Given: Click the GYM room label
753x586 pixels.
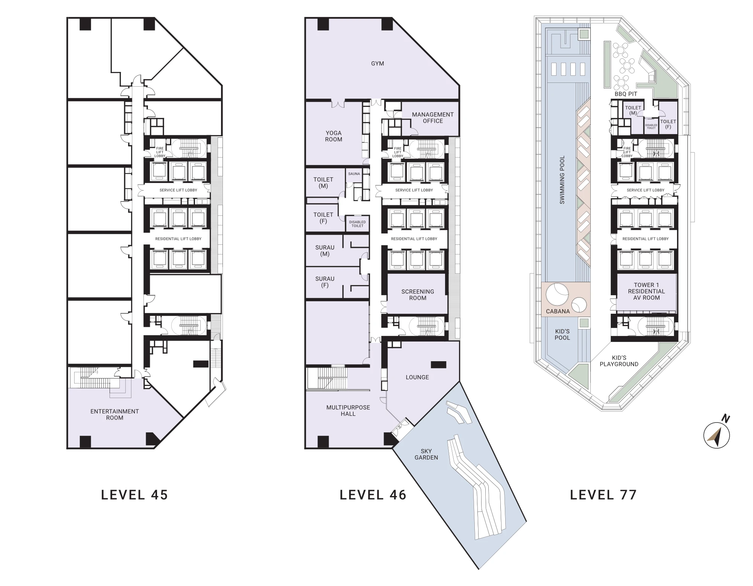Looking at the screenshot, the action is [x=377, y=64].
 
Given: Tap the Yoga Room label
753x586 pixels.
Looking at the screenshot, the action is [x=334, y=136].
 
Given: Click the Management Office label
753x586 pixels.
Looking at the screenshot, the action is [x=433, y=118].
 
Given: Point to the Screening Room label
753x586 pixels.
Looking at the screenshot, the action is [x=418, y=295].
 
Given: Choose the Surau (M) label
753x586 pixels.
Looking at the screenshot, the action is [x=325, y=251].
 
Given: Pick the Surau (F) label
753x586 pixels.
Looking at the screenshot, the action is [x=325, y=282].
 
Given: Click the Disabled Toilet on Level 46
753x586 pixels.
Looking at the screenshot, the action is [x=357, y=224].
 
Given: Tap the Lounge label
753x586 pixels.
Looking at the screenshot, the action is [x=417, y=377].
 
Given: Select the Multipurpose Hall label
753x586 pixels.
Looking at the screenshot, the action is [x=348, y=411].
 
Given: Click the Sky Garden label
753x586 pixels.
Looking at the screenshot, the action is [x=426, y=454].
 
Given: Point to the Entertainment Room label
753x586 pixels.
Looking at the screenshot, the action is [x=114, y=415].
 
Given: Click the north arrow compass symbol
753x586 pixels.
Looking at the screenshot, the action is [x=717, y=435].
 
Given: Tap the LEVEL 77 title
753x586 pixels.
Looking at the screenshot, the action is [x=603, y=495].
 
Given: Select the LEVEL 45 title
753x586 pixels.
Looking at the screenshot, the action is [x=134, y=495].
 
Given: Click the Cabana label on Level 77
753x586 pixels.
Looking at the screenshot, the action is [x=558, y=311].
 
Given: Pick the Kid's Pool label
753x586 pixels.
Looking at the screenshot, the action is [x=562, y=334].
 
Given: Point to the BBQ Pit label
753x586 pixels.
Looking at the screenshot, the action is [x=626, y=94].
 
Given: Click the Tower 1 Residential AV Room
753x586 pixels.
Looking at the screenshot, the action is [x=646, y=291].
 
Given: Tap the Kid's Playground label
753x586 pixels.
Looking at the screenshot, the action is [x=619, y=361].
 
